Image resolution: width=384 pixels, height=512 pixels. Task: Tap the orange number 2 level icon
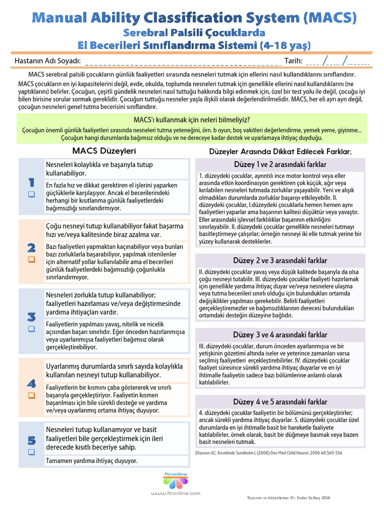click(31, 247)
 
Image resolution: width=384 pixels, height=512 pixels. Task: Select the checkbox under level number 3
click(31, 328)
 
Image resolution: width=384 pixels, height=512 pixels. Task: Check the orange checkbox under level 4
click(31, 395)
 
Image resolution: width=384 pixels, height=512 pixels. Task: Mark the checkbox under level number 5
click(31, 452)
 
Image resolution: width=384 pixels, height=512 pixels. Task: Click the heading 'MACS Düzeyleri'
click(104, 150)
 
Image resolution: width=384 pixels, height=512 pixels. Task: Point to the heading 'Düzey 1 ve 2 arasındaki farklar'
click(280, 164)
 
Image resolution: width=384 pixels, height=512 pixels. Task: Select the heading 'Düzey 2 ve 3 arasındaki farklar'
click(280, 260)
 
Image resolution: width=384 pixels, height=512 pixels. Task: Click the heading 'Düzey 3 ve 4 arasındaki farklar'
click(280, 334)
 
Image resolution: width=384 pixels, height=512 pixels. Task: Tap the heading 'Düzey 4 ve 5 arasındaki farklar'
click(280, 401)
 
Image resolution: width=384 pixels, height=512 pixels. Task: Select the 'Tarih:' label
click(293, 61)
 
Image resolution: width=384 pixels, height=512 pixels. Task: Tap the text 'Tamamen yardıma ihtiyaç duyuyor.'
click(91, 460)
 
